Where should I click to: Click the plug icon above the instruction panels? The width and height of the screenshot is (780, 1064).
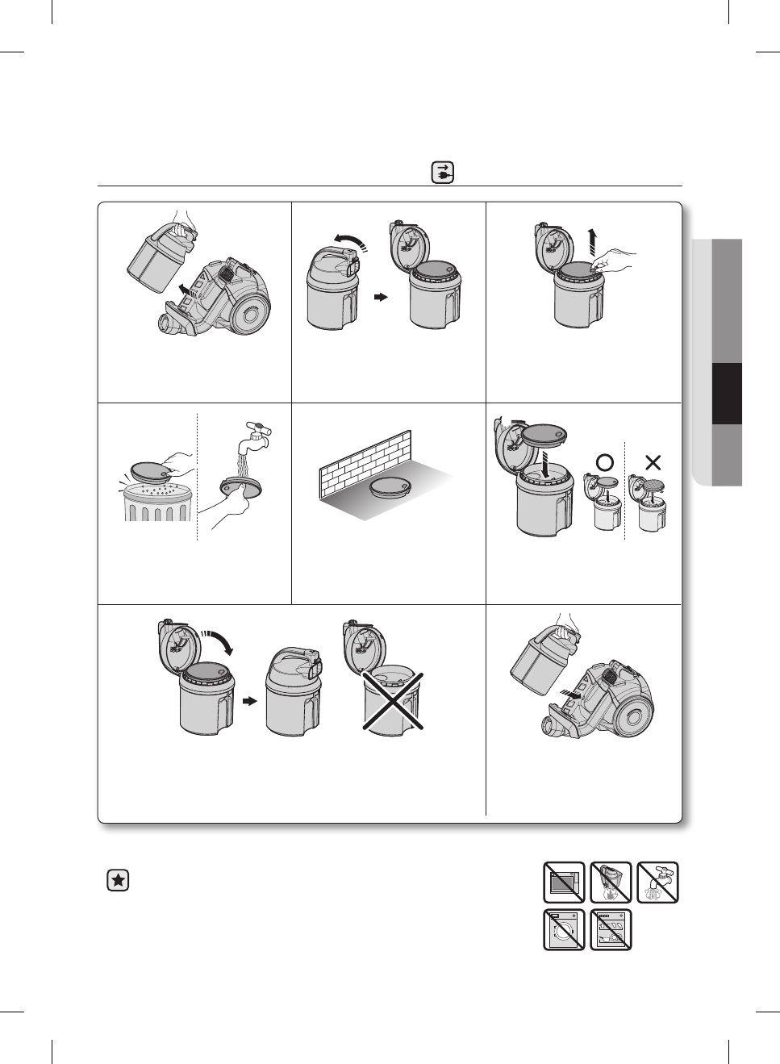[443, 173]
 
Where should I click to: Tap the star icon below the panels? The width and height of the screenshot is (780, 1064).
[118, 880]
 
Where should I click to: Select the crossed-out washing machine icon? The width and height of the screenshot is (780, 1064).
[564, 930]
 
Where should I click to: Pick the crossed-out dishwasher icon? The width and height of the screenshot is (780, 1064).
[611, 930]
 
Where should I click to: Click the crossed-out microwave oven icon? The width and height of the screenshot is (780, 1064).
[564, 882]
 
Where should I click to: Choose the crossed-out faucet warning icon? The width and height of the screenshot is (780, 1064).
[657, 882]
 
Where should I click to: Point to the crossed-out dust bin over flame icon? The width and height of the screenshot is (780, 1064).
[611, 882]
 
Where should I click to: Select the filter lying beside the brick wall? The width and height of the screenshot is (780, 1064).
[393, 486]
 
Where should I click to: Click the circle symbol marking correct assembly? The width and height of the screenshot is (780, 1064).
[604, 462]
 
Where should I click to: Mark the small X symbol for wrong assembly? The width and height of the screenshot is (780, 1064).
[653, 462]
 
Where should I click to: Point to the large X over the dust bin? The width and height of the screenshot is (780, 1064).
[392, 701]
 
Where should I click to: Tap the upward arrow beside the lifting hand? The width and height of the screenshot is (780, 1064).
[592, 241]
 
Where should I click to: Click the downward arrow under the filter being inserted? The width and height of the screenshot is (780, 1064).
[546, 465]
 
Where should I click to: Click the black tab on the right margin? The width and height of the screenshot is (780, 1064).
[727, 394]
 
